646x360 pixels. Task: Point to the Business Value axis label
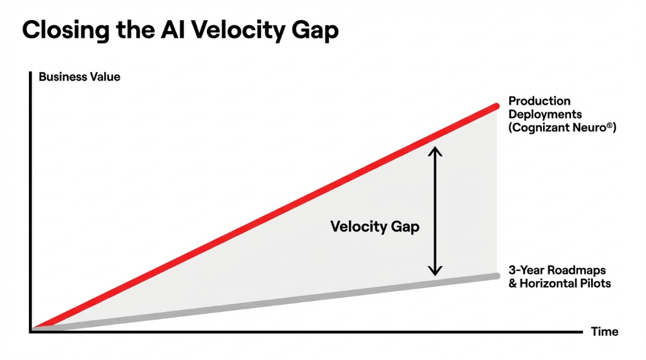tap(79, 78)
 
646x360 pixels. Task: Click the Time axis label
tap(604, 332)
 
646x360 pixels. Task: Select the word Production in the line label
tap(539, 101)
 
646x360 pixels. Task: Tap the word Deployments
tap(545, 114)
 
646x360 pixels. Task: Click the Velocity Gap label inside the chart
tap(375, 226)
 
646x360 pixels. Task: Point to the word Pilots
tap(595, 283)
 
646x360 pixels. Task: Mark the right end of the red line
tap(496, 107)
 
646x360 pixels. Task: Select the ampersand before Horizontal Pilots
tap(513, 283)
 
